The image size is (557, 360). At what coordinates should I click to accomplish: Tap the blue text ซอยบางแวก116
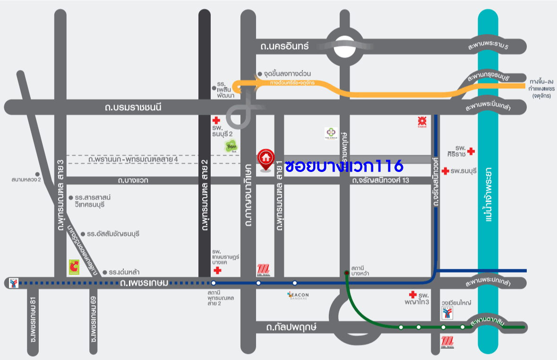point(344,166)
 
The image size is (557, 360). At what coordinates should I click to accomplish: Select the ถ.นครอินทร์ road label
point(284,46)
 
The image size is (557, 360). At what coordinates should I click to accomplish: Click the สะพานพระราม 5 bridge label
point(488,47)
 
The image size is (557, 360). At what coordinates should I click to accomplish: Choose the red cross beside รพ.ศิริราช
point(471,151)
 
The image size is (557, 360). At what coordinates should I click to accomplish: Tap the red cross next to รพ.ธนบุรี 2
point(216,120)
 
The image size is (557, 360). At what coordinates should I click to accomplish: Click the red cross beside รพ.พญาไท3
point(412,294)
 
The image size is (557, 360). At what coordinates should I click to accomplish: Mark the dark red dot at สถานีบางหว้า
point(347,273)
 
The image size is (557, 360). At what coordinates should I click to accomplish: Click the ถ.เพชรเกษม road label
point(144,283)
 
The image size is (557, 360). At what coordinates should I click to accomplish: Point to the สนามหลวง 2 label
point(26,180)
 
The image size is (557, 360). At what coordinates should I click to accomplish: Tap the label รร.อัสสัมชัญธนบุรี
point(113,234)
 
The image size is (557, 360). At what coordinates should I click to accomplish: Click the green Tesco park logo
point(231,146)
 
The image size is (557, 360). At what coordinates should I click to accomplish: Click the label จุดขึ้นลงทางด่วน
point(287,74)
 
